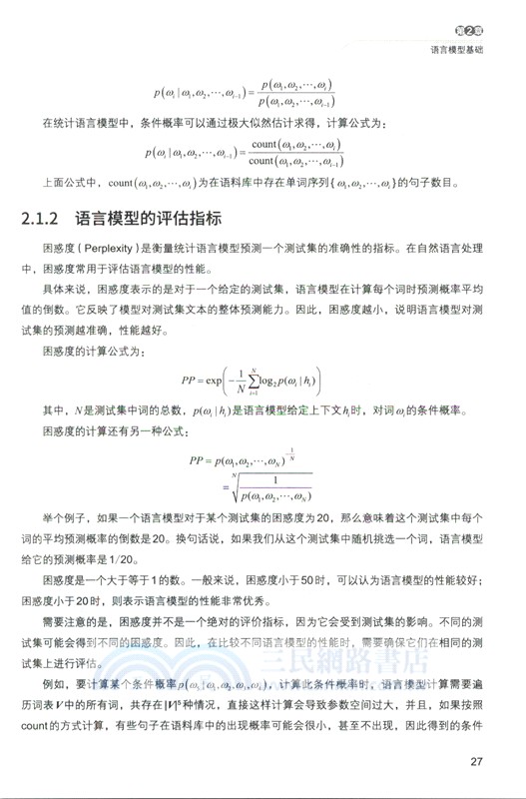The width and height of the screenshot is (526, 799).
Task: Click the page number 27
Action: pyautogui.click(x=476, y=764)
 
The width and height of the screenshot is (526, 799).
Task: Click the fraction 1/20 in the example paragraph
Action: pyautogui.click(x=145, y=559)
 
